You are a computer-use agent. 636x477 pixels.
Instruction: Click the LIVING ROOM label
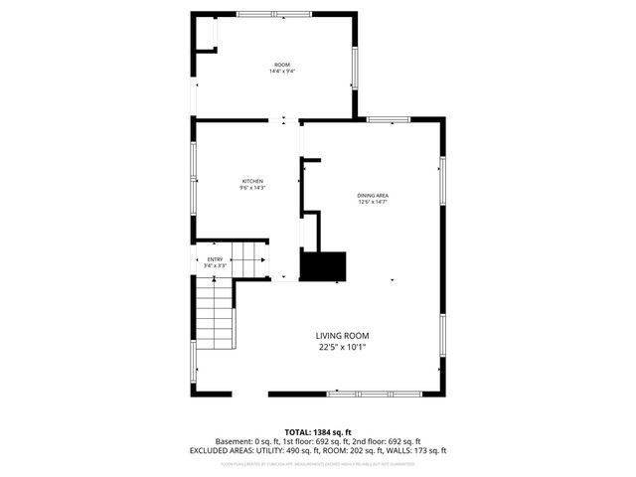click(343, 336)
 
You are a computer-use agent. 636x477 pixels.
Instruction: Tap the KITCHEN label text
click(251, 181)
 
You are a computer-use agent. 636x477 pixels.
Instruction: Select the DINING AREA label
click(372, 196)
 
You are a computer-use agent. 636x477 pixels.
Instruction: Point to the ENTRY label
click(215, 259)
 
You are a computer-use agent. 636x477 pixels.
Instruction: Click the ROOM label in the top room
click(282, 65)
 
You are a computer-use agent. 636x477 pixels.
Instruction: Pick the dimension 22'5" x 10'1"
click(343, 348)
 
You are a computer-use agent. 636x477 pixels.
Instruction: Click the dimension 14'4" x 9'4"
click(282, 72)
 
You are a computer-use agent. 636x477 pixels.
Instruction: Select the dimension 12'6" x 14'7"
click(372, 203)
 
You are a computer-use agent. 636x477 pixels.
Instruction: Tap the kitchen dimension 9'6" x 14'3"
click(251, 188)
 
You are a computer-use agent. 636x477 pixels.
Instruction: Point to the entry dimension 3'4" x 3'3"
click(215, 266)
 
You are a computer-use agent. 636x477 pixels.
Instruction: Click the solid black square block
click(323, 266)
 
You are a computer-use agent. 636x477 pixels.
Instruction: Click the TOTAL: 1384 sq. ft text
click(318, 431)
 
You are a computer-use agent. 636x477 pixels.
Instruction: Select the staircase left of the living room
click(215, 313)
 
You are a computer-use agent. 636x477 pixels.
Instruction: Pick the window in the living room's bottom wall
click(370, 395)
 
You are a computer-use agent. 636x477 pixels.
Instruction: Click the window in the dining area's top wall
click(389, 119)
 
